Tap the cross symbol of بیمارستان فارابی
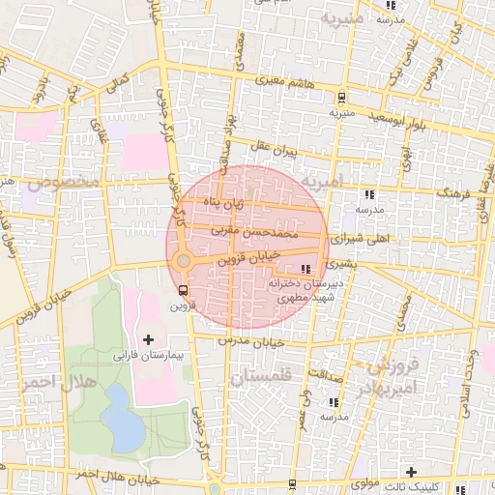tap(148, 338)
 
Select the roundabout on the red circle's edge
tap(183, 260)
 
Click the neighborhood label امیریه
tap(322, 181)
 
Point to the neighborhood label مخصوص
tap(65, 182)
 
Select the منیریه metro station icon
tap(341, 96)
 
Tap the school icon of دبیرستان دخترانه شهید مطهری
tap(306, 268)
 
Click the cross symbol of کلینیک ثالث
tap(412, 472)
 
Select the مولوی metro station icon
tap(292, 482)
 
